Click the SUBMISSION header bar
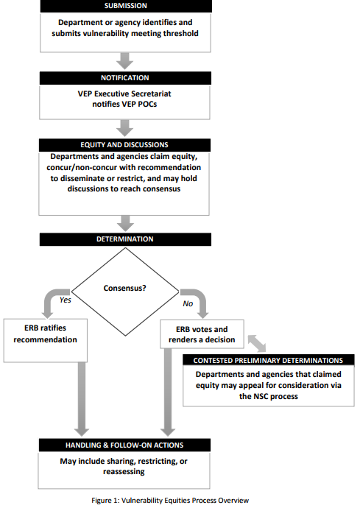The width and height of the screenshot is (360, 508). [126, 6]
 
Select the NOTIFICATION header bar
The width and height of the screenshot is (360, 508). [125, 78]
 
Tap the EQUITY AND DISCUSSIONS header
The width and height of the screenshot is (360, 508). [124, 145]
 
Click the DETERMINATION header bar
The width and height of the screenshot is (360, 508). [125, 239]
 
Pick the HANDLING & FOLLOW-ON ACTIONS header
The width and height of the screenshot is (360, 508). [124, 445]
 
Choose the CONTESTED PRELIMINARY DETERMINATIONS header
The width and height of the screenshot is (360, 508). [268, 360]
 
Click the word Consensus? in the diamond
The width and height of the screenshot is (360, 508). [124, 288]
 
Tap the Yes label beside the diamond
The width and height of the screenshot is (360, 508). [65, 300]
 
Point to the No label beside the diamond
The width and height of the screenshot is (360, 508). [188, 303]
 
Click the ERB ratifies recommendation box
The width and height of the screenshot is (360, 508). [46, 340]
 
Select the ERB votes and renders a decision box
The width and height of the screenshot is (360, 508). [202, 334]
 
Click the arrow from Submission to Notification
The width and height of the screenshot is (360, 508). [125, 61]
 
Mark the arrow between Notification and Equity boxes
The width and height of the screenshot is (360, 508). [125, 128]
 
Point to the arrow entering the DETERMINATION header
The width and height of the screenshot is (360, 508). [125, 223]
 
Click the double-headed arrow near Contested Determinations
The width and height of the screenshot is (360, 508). [257, 343]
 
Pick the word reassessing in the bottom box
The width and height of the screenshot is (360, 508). [124, 472]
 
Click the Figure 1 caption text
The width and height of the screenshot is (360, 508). [170, 500]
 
